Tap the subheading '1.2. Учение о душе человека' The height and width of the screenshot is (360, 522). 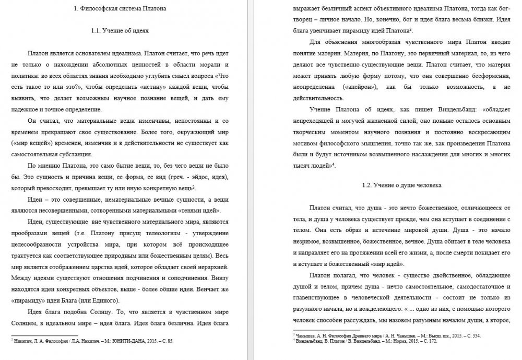402,185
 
